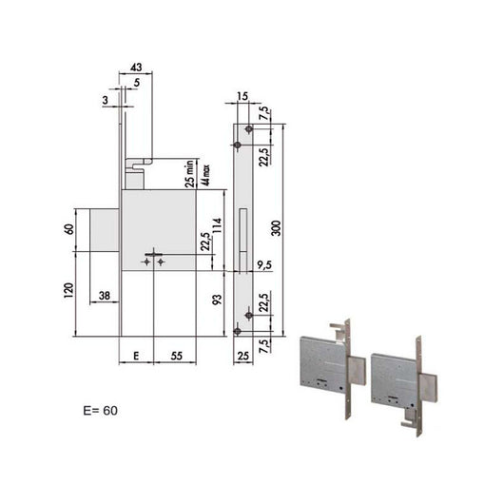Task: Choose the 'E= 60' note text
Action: pyautogui.click(x=101, y=412)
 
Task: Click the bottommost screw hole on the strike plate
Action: pyautogui.click(x=238, y=331)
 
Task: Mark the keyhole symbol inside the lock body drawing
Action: pyautogui.click(x=152, y=260)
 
